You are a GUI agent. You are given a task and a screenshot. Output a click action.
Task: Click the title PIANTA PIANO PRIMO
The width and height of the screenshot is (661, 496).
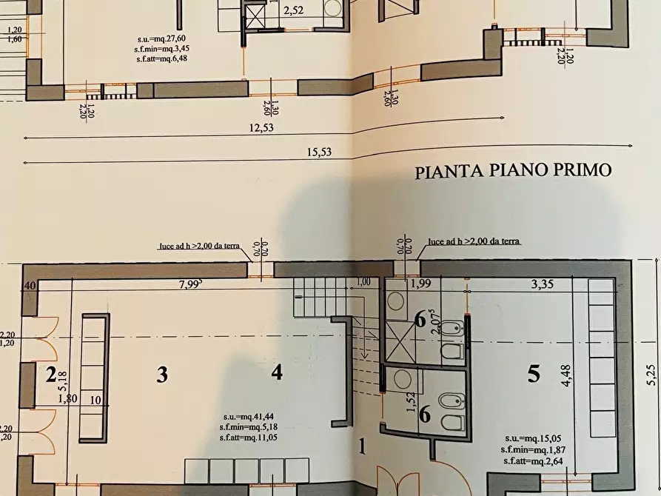click(x=513, y=172)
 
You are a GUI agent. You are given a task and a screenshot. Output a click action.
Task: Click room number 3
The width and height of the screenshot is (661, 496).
click(x=161, y=375)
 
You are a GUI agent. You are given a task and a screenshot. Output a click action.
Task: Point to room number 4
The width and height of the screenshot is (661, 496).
click(x=276, y=372)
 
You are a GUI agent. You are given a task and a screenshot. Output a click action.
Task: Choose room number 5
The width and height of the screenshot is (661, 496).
click(x=534, y=375)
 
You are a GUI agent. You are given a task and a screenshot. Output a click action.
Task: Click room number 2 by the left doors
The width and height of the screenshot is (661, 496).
click(x=51, y=375)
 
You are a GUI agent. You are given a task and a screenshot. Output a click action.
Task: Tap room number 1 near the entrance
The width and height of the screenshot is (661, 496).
click(x=363, y=446)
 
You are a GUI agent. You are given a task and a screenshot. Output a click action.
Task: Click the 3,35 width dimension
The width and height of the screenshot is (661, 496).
click(x=543, y=284)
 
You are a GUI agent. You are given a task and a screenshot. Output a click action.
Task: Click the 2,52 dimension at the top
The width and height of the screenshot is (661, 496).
click(x=295, y=10)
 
